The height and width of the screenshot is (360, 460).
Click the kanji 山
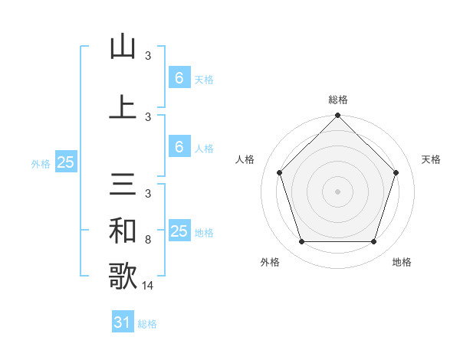click(x=123, y=47)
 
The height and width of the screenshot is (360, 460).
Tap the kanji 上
click(x=123, y=106)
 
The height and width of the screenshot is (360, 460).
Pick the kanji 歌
click(x=123, y=276)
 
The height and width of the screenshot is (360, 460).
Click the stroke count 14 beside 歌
click(x=148, y=286)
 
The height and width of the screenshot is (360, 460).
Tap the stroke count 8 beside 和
click(x=148, y=240)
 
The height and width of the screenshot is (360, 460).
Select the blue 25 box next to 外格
click(x=65, y=162)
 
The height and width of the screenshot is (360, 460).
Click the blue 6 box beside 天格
click(x=179, y=78)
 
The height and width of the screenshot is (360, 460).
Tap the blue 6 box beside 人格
click(x=179, y=147)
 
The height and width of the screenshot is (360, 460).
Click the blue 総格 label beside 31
click(x=147, y=324)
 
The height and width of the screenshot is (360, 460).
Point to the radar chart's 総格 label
click(x=337, y=100)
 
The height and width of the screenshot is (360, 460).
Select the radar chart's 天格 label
click(x=431, y=159)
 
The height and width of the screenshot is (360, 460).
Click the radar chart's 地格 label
click(x=402, y=262)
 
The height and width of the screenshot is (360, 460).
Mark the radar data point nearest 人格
click(x=279, y=172)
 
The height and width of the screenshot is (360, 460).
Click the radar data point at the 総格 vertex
click(x=337, y=116)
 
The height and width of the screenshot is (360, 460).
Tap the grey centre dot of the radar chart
click(x=337, y=191)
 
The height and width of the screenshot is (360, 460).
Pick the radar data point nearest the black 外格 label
click(x=301, y=242)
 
